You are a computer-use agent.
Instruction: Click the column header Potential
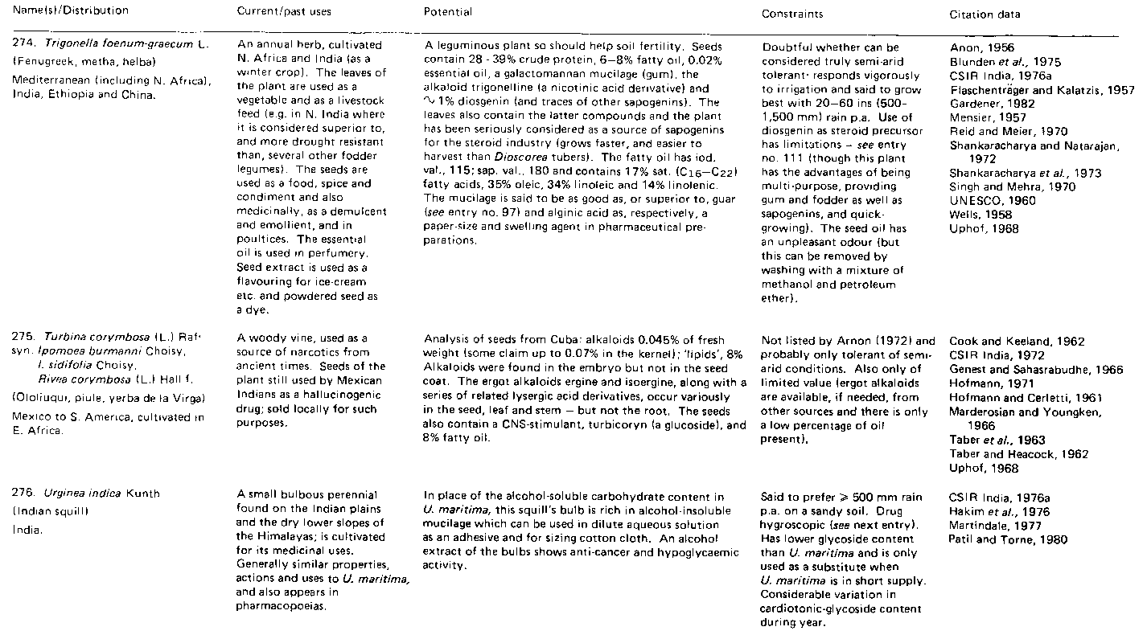(448, 12)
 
